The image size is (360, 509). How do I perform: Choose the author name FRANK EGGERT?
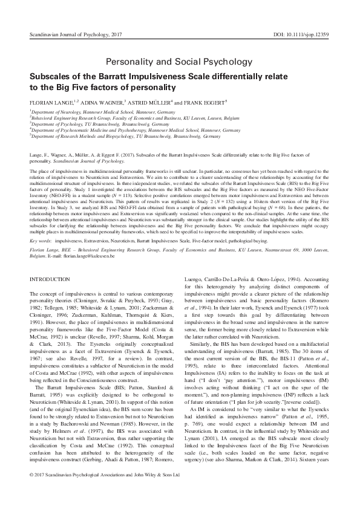click(201, 103)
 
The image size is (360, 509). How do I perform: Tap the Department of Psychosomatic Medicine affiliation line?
click(126, 130)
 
